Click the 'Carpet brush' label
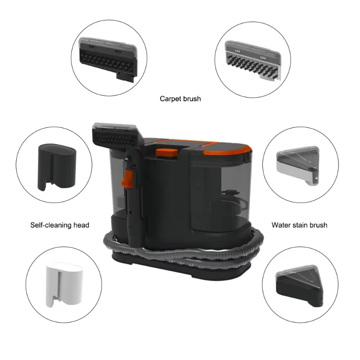pyautogui.click(x=180, y=99)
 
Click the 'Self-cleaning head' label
pyautogui.click(x=60, y=225)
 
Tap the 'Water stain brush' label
pyautogui.click(x=299, y=225)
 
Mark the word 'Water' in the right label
pyautogui.click(x=281, y=225)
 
